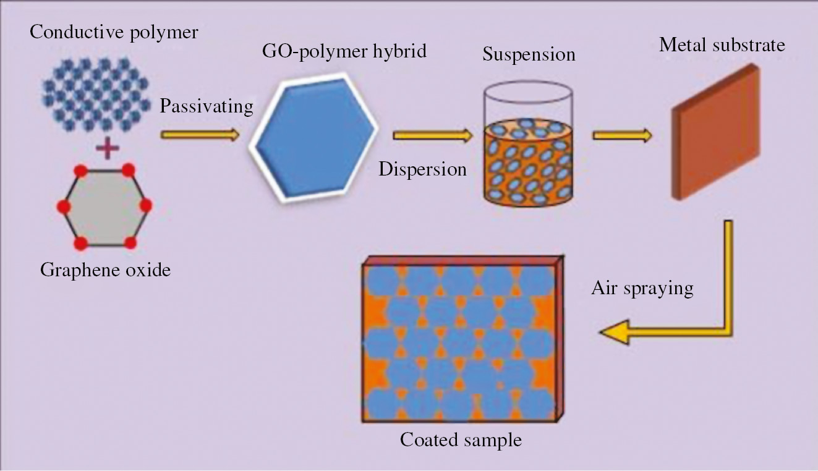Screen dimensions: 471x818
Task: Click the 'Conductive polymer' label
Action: (x=114, y=32)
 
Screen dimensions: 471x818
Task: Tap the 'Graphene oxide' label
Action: (x=105, y=269)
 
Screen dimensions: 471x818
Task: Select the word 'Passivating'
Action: (x=207, y=106)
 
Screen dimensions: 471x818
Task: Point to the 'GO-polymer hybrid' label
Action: (x=344, y=51)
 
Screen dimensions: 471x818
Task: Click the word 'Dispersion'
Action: (x=423, y=168)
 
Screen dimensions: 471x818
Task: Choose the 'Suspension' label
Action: (x=529, y=54)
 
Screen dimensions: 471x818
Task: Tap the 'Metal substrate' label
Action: (x=722, y=45)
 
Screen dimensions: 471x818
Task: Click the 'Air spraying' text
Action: (x=642, y=288)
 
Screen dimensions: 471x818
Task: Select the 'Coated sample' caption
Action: (x=461, y=440)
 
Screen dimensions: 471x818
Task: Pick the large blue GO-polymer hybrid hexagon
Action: (x=314, y=137)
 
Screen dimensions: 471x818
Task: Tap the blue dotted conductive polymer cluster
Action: (x=96, y=93)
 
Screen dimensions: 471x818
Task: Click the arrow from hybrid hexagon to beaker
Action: (x=432, y=135)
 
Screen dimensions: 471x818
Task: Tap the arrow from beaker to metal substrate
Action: (x=621, y=135)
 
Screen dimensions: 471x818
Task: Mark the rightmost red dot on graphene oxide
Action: (x=147, y=206)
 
